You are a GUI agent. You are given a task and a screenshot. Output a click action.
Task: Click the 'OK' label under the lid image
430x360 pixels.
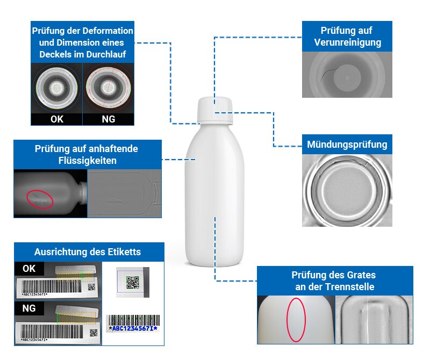[x=56, y=119]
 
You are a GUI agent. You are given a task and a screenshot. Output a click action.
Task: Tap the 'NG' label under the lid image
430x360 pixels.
[x=108, y=119]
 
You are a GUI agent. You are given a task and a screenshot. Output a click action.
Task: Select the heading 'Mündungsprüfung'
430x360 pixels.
[x=347, y=145]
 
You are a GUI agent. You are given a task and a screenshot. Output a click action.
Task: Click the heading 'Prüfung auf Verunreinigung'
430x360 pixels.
[x=347, y=37]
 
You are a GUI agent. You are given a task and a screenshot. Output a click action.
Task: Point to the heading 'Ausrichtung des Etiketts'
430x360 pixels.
[x=88, y=252]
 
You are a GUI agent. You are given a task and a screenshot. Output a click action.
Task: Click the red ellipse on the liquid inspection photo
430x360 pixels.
[x=40, y=198]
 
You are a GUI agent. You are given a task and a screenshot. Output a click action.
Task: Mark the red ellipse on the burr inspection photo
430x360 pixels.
[x=296, y=319]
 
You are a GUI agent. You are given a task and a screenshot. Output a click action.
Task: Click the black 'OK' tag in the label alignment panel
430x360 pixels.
[x=30, y=268]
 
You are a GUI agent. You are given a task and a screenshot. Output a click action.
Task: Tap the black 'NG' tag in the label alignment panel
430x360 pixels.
[x=30, y=309]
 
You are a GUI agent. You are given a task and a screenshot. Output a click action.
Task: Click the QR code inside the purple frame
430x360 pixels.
[x=132, y=283]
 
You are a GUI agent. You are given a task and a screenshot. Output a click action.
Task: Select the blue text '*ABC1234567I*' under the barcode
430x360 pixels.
[x=133, y=328]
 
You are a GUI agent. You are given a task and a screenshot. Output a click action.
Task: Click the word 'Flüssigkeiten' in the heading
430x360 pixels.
[x=88, y=160]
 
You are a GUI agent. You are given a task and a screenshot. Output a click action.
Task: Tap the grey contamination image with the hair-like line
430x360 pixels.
[x=347, y=75]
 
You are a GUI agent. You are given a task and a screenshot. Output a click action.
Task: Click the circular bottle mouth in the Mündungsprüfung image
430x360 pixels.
[x=347, y=191]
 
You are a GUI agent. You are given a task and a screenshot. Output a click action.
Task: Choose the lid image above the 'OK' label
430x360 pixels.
[x=56, y=88]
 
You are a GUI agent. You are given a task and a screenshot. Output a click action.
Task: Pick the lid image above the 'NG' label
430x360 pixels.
[x=108, y=88]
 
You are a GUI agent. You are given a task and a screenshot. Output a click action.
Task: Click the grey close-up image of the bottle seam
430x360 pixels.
[x=374, y=319]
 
